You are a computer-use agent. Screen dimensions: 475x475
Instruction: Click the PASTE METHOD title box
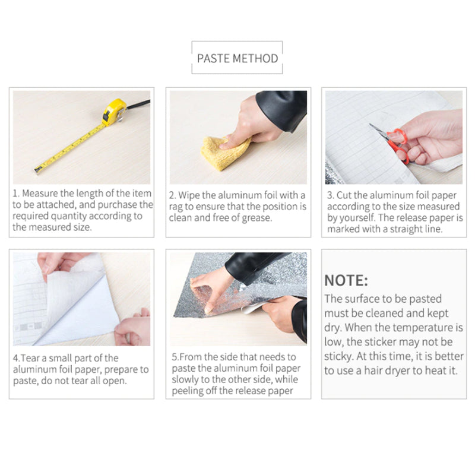[x=237, y=58]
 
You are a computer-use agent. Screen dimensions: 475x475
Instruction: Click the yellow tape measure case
[x=114, y=111]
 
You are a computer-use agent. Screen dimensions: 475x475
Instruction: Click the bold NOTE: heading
[x=346, y=280]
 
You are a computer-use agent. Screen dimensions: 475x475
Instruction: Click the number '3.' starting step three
[x=331, y=195]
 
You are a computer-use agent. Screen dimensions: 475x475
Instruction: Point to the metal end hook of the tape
[x=37, y=170]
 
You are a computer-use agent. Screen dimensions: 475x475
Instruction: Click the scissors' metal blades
[x=378, y=132]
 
